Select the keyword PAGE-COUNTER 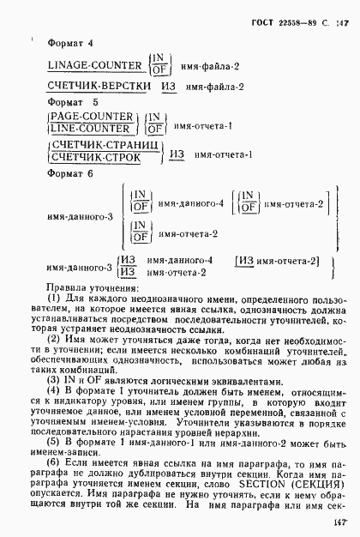click(x=92, y=116)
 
